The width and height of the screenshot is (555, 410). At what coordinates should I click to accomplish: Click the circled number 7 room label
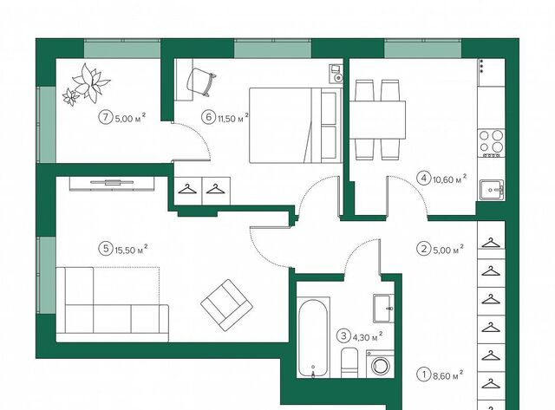click(x=105, y=117)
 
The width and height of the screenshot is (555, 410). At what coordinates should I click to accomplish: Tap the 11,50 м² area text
click(x=233, y=118)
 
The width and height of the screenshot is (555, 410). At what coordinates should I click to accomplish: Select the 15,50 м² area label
click(x=131, y=249)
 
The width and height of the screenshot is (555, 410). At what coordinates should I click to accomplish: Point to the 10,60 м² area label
click(x=449, y=179)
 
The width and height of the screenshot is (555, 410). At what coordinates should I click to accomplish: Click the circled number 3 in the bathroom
click(x=343, y=335)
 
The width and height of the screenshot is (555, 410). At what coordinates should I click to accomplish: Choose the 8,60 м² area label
click(x=448, y=374)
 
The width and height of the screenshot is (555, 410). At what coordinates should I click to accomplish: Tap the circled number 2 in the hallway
click(x=424, y=249)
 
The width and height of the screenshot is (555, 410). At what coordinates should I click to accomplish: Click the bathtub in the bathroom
click(x=313, y=338)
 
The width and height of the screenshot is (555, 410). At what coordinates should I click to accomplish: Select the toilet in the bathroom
click(x=349, y=361)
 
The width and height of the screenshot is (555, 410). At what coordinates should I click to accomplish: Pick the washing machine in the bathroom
click(x=380, y=364)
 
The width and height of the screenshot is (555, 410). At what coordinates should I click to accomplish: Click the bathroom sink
click(x=383, y=308)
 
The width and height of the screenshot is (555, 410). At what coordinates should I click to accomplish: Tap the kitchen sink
click(x=492, y=190)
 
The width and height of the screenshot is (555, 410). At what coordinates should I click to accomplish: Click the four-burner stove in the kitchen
click(x=492, y=144)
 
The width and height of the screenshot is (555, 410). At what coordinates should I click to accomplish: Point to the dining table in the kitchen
click(x=377, y=120)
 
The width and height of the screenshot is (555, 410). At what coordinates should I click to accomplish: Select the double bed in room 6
click(x=296, y=125)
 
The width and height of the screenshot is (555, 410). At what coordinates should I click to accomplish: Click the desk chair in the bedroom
click(x=200, y=81)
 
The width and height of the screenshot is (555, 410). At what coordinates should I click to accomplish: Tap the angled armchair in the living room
click(x=227, y=305)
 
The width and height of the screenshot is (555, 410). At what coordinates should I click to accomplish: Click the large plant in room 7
click(x=91, y=82)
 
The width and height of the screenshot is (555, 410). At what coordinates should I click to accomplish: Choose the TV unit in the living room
click(x=112, y=184)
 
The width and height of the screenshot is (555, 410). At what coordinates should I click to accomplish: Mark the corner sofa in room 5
click(x=113, y=304)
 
